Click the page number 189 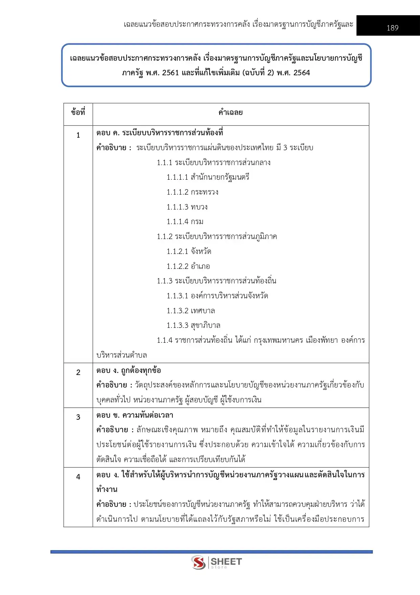(392, 28)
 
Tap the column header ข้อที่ (78, 112)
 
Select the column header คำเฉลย (230, 112)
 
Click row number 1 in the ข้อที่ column (78, 135)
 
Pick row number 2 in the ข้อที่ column (78, 372)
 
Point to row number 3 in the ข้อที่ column (78, 417)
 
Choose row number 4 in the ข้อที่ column (78, 477)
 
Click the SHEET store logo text (226, 562)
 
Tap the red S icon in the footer (198, 562)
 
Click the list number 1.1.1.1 (177, 177)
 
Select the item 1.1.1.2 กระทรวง (192, 192)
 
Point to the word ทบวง (199, 207)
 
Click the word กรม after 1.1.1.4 (197, 222)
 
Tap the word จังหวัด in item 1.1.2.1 (201, 252)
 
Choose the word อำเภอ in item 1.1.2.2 (200, 266)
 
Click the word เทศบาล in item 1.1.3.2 (203, 311)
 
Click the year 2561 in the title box (171, 73)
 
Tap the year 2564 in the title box (302, 73)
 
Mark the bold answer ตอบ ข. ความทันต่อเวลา (135, 415)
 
